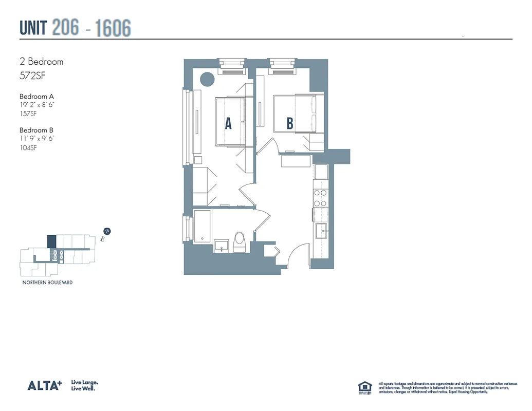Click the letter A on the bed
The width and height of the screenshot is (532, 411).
point(228,123)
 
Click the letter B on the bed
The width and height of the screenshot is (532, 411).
point(290,123)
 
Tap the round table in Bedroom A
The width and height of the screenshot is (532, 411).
point(207,79)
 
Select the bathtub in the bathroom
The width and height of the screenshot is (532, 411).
point(202,226)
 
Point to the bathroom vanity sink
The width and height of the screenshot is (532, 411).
point(222,245)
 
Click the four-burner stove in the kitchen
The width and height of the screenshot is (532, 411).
point(321,198)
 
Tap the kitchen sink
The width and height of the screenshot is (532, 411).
point(322,231)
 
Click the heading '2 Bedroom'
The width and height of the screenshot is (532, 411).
point(41,62)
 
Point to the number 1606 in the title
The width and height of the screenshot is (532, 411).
point(113,28)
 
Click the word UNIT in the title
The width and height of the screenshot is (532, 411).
point(33,28)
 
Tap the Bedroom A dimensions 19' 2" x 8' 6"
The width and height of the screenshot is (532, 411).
point(36,105)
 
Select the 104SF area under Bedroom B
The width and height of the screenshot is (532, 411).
point(28,148)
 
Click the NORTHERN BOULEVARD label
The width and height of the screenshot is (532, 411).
point(47,283)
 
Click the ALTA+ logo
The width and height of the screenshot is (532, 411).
point(44,385)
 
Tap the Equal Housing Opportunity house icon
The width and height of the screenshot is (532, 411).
point(364,387)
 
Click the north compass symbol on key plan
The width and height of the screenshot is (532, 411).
point(107,232)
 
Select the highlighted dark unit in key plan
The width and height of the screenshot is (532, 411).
point(51,241)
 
